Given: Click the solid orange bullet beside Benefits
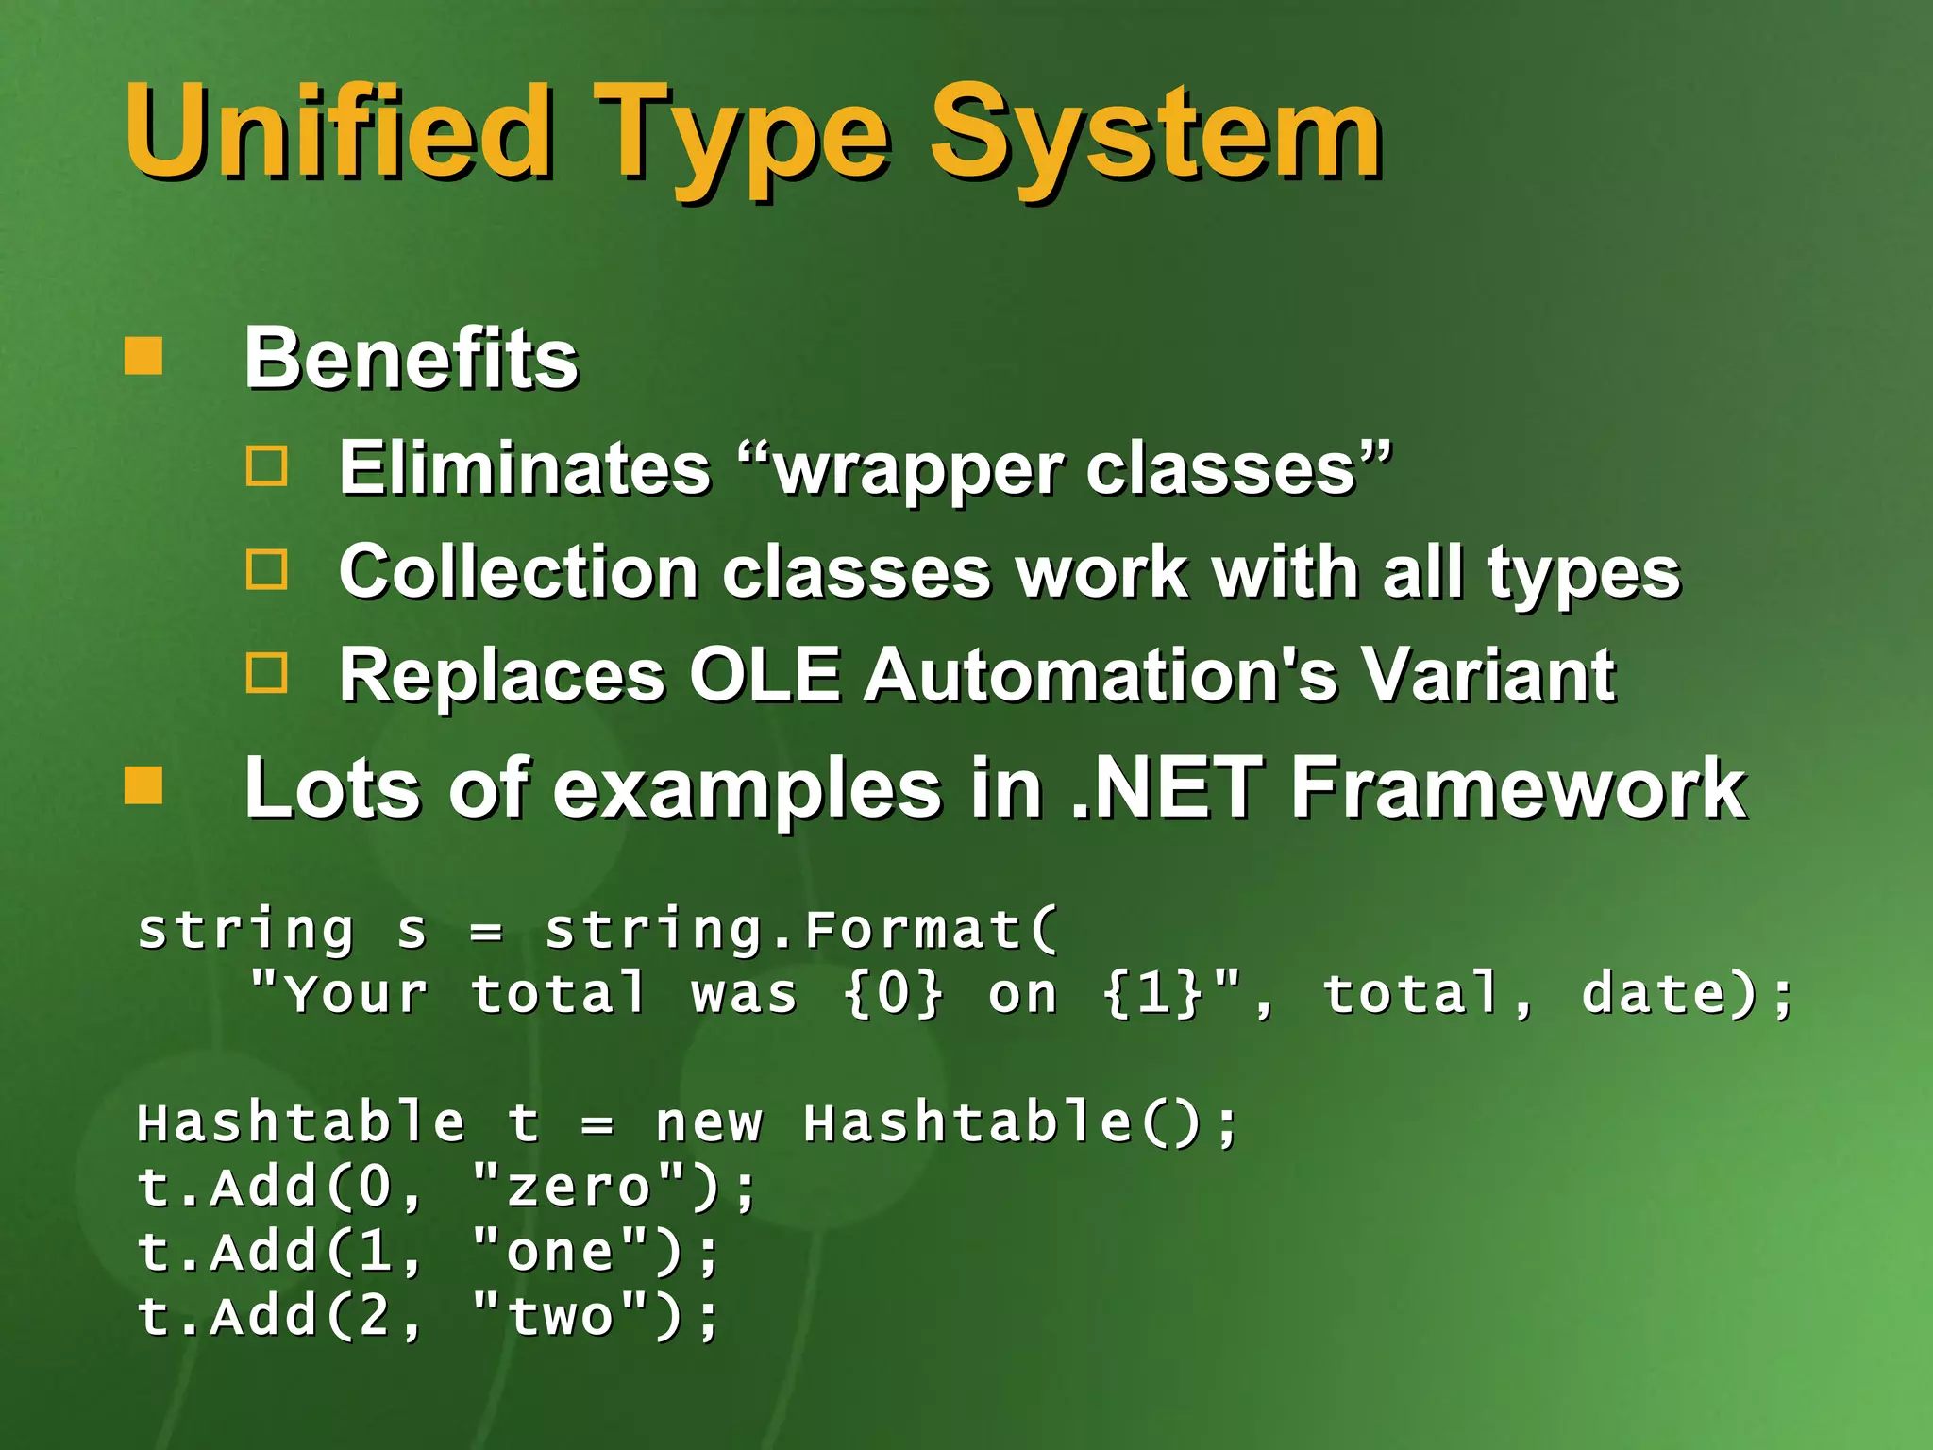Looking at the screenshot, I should click(x=143, y=357).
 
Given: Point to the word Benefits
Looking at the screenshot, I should click(x=411, y=359).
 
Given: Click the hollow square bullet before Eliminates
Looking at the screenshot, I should click(x=267, y=465).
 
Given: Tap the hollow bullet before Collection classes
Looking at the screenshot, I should click(x=267, y=569).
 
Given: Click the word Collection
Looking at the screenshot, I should click(x=518, y=572).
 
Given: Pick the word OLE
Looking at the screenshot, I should click(x=764, y=675).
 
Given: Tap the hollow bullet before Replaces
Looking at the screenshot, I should click(x=267, y=673).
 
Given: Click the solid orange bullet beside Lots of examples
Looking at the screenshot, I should click(x=143, y=785).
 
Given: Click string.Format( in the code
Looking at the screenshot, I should click(x=802, y=930).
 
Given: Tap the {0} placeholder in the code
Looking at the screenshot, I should click(x=893, y=994).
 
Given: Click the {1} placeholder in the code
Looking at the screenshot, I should click(x=1152, y=994).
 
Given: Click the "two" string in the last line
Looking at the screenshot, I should click(x=561, y=1316).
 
